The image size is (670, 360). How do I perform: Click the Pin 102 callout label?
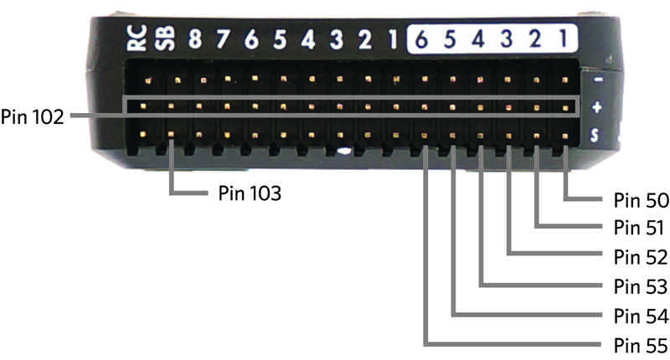point(32,116)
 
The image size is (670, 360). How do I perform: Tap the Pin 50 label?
point(640,200)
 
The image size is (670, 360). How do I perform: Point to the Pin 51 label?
point(640,229)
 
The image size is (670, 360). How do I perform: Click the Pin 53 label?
point(640,287)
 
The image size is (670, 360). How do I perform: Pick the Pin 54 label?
point(640,316)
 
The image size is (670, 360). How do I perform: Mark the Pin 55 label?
point(640,344)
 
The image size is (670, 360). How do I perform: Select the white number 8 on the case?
point(195,40)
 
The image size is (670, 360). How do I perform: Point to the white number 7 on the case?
point(224,40)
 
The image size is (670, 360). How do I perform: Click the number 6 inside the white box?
point(422,39)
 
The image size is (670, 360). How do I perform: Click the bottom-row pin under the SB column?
point(171,134)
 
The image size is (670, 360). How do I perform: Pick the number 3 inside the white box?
point(508,39)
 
